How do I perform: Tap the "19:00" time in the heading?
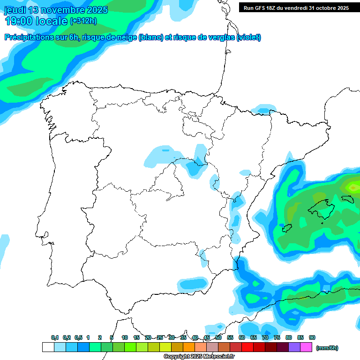click(19, 21)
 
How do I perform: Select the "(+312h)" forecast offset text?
click(83, 21)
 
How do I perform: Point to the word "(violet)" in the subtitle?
click(249, 37)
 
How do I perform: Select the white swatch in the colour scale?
click(48, 347)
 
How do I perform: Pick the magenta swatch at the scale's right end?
click(306, 347)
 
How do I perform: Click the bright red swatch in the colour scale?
click(247, 347)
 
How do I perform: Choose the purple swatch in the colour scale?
click(294, 347)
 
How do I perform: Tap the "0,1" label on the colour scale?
click(55, 337)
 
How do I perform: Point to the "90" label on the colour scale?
click(312, 337)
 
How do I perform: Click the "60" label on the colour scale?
click(242, 337)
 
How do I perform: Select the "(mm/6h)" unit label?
click(327, 348)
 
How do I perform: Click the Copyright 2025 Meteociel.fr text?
click(199, 357)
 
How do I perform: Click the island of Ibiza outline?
click(285, 228)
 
